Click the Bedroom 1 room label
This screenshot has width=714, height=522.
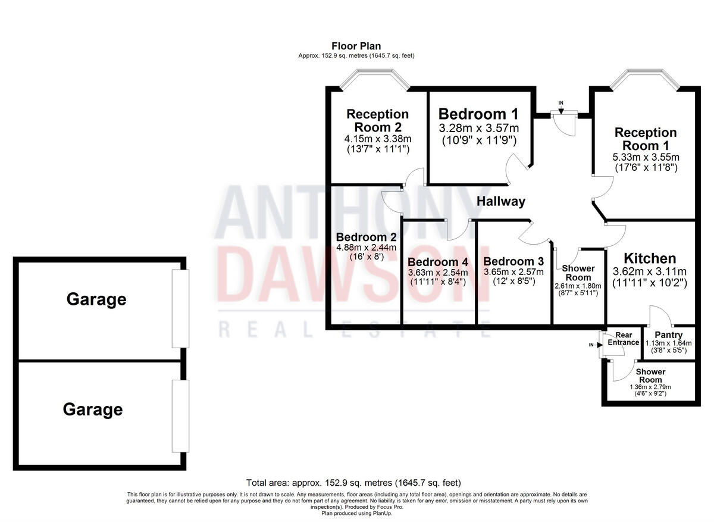tap(478, 114)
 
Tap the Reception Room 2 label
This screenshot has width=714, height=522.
tap(378, 120)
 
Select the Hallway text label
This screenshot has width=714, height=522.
tap(501, 201)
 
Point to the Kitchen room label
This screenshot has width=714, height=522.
tap(650, 258)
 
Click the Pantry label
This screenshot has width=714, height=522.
tap(668, 335)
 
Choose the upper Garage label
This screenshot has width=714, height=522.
tap(96, 299)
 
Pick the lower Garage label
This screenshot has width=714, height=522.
tap(93, 410)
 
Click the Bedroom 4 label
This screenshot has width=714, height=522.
tap(438, 262)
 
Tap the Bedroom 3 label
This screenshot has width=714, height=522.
tap(513, 261)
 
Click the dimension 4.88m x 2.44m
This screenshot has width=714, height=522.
tap(366, 248)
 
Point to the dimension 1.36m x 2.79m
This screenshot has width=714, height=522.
tap(650, 387)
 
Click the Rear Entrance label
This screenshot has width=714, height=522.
tap(624, 339)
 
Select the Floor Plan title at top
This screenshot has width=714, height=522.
tap(356, 46)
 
